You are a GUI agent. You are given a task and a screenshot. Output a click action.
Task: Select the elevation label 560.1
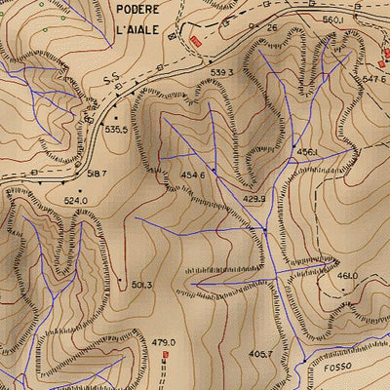[x=334, y=19]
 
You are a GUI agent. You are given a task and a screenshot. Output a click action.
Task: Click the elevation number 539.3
[x=222, y=72]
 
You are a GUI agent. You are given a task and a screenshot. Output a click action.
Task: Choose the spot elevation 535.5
[x=117, y=129]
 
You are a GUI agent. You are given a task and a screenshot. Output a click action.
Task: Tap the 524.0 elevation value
[x=76, y=201]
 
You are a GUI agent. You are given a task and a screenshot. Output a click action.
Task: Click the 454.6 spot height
[x=192, y=175]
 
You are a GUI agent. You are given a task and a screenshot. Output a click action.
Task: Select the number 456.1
[x=308, y=152]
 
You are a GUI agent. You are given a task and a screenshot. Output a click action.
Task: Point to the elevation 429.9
[x=254, y=199]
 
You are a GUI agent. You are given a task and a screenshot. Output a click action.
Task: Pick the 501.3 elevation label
[x=142, y=286]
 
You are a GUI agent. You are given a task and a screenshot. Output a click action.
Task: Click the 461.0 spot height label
[x=347, y=276]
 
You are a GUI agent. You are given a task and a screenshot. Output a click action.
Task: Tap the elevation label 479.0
[x=163, y=342]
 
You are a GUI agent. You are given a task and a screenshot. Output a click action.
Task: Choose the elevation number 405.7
[x=260, y=354]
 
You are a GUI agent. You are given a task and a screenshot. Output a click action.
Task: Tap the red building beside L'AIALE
[x=195, y=41]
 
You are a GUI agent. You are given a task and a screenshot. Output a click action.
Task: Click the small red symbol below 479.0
[x=164, y=356]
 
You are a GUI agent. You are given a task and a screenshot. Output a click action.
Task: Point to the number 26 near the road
[x=272, y=29]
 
